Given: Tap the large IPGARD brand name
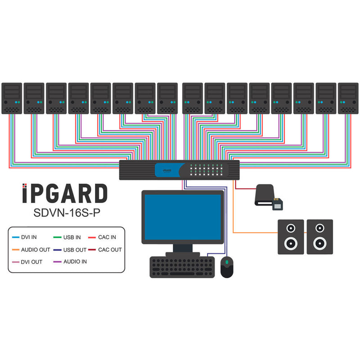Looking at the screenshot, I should pyautogui.click(x=65, y=194).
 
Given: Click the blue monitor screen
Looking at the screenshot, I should pyautogui.click(x=182, y=216).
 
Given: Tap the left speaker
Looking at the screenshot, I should pyautogui.click(x=291, y=237).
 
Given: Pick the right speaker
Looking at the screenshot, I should pyautogui.click(x=319, y=237).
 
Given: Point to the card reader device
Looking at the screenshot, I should pyautogui.click(x=269, y=198).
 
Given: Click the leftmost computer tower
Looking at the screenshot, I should pyautogui.click(x=12, y=98).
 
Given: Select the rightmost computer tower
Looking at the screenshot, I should pyautogui.click(x=348, y=98).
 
